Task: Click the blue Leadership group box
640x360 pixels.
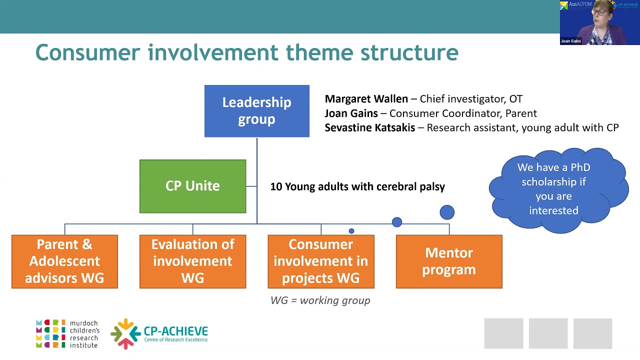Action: [256, 111]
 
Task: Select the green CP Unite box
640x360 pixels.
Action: [192, 186]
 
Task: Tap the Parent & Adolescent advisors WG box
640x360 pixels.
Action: [64, 261]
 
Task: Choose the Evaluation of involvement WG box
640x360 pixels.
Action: [192, 261]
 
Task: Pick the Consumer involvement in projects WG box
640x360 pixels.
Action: [320, 261]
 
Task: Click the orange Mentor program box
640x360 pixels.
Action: [448, 261]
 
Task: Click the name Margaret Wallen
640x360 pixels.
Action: [366, 99]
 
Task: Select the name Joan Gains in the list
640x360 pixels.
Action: [351, 113]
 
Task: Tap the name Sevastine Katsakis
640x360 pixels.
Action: [369, 127]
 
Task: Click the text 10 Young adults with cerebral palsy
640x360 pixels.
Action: [357, 186]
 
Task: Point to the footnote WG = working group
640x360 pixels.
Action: [320, 300]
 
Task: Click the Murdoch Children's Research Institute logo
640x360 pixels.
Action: [67, 333]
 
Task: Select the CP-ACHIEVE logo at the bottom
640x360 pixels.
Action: [159, 333]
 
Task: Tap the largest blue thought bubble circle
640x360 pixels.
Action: [447, 212]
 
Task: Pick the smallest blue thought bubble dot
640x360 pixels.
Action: [351, 231]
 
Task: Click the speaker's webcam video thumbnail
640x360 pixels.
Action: [599, 22]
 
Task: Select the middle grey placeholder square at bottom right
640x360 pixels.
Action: [548, 333]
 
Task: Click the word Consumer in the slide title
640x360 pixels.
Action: [87, 52]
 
